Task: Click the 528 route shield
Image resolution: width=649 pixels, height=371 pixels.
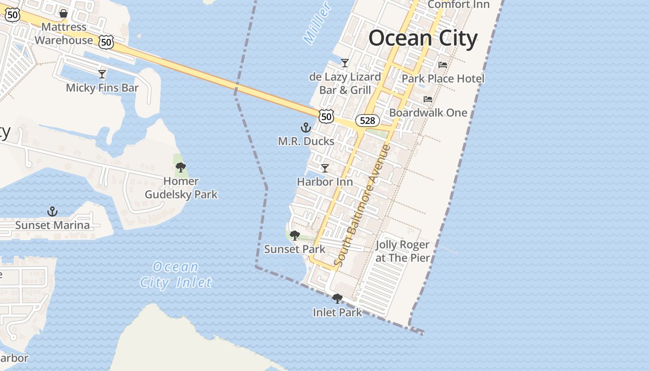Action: tap(367, 121)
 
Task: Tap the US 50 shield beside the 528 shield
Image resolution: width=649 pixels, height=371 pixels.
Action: tap(326, 116)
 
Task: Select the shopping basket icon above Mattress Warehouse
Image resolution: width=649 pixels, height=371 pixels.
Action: tap(64, 13)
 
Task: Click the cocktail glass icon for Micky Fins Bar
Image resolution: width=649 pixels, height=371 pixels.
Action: tap(102, 74)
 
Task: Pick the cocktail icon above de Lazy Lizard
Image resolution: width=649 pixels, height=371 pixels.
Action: tap(344, 63)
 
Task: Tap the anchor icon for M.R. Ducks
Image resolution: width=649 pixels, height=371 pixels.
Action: tap(305, 127)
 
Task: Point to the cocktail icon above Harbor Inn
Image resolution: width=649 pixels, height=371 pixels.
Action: tap(325, 168)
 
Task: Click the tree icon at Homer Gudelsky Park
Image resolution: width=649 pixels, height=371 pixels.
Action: tap(181, 167)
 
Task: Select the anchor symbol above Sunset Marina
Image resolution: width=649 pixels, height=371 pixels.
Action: tap(52, 211)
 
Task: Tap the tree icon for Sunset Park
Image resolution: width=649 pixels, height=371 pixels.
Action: tap(294, 236)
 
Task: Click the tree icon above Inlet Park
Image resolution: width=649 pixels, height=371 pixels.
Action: tap(337, 299)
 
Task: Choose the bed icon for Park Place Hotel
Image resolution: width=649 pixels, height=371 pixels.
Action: tap(443, 64)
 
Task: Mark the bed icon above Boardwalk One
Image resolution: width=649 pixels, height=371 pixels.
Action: tap(428, 99)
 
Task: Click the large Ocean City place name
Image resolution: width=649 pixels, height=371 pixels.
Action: tap(423, 38)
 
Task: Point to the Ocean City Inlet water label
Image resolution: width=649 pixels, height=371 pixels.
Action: tap(176, 275)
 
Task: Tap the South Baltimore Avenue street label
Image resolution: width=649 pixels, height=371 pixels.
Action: tap(363, 206)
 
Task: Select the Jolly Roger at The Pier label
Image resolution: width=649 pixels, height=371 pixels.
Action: tap(402, 251)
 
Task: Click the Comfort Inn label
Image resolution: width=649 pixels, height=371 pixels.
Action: tap(458, 5)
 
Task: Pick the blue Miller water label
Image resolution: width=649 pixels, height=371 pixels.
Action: tap(317, 23)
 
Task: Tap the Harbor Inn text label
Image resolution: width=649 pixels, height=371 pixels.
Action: tap(324, 182)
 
